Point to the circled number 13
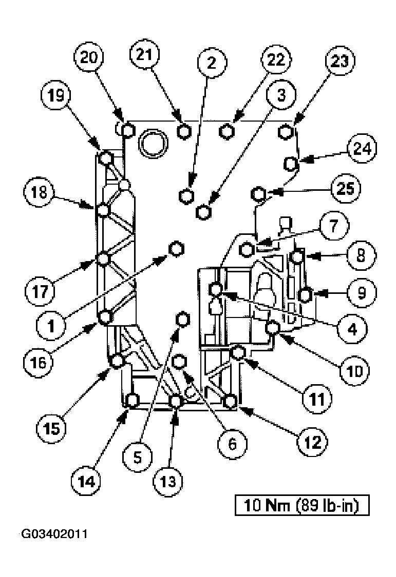click(x=168, y=481)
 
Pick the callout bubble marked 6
click(x=231, y=443)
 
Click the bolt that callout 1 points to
click(x=176, y=249)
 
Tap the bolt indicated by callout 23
click(x=286, y=131)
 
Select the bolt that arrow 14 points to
click(x=133, y=401)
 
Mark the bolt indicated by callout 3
click(x=204, y=211)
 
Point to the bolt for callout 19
click(x=106, y=157)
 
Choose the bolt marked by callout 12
click(x=231, y=401)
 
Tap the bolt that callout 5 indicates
click(x=182, y=319)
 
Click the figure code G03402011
click(x=53, y=534)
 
